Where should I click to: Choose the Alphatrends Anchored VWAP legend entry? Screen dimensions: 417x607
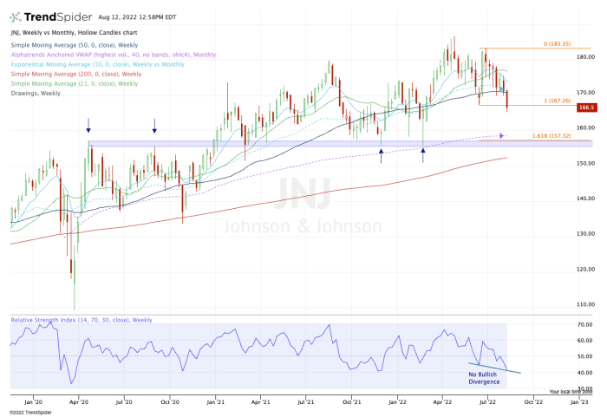tap(114, 55)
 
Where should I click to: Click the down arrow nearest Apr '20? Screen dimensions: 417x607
tap(88, 126)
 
